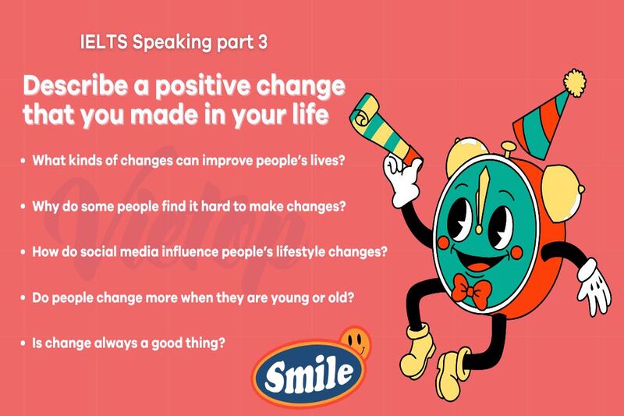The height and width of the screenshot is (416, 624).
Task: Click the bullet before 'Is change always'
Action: (23, 343)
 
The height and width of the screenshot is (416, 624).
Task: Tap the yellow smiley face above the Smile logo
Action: (356, 340)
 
